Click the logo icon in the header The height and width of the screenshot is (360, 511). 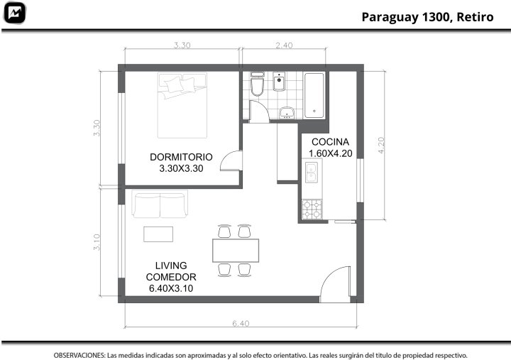point(14,13)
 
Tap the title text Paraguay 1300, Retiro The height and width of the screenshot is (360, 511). point(427,17)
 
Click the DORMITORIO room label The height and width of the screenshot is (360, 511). point(181,157)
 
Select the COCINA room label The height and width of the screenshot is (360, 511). point(330,142)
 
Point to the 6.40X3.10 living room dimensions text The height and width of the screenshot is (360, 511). point(171,288)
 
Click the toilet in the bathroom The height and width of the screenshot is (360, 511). point(257,84)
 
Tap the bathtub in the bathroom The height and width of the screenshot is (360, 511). point(314,96)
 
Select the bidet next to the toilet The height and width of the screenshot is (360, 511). point(279,82)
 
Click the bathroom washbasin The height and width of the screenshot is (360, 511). point(287,112)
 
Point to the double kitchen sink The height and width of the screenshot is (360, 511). point(312,172)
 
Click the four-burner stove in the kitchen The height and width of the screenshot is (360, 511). point(312,209)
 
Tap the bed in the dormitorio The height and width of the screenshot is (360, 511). point(182,105)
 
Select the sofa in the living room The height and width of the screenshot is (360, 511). point(160,204)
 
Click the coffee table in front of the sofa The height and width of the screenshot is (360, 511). point(158,234)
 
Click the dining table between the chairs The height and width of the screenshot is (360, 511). point(236,251)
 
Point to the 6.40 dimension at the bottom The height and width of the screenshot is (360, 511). point(241,323)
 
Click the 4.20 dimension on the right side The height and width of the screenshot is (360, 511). point(381,145)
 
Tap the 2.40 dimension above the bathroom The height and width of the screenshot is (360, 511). point(284,45)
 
